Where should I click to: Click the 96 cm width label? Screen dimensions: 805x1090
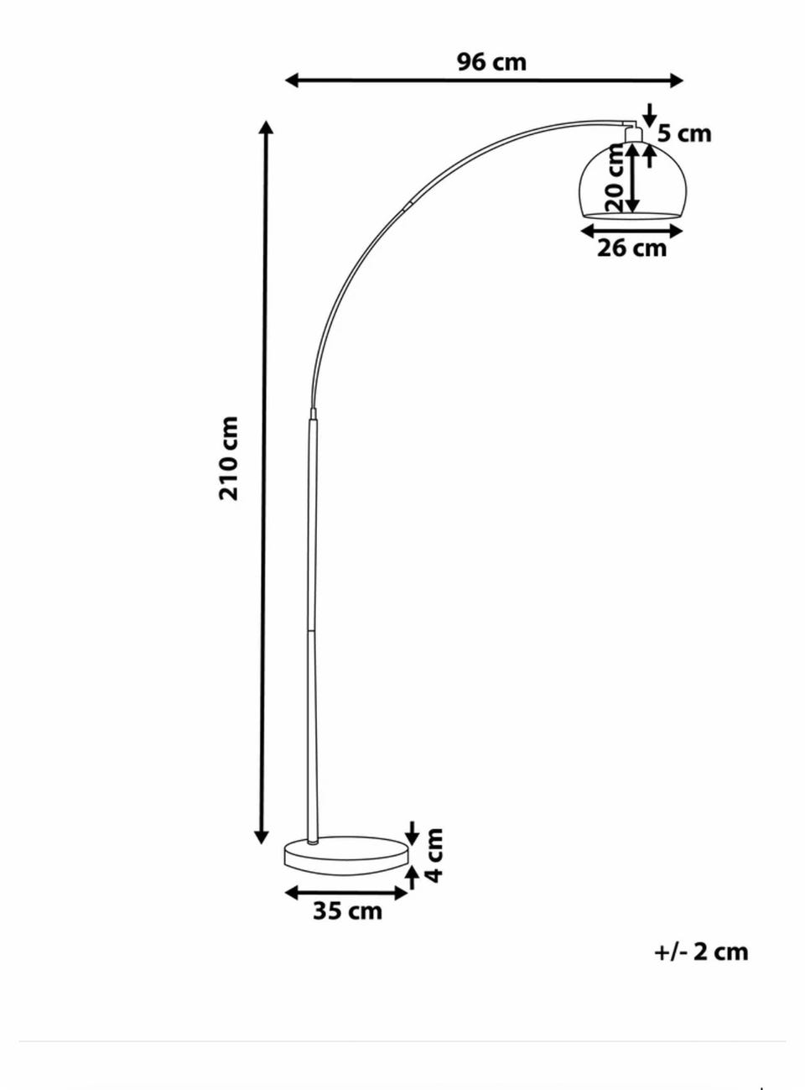(x=491, y=62)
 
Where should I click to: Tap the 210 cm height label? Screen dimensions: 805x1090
(x=228, y=458)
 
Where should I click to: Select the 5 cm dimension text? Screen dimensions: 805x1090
(x=684, y=133)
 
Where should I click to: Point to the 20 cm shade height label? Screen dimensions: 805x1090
(x=615, y=177)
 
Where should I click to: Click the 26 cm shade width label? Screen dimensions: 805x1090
(x=631, y=248)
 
